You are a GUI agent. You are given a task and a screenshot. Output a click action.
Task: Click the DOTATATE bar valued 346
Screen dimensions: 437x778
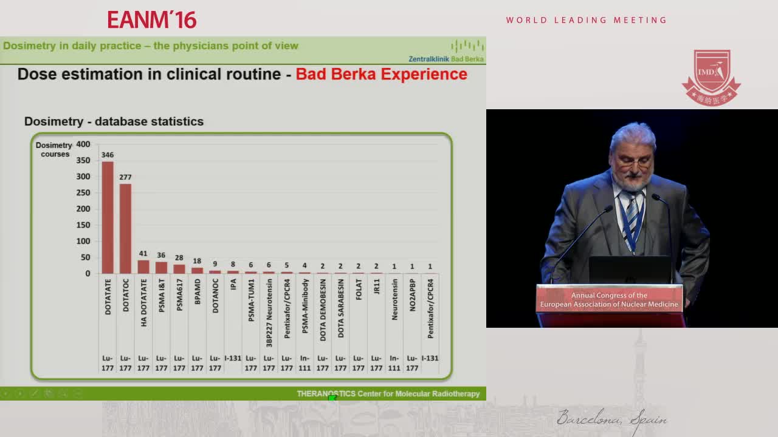pos(108,217)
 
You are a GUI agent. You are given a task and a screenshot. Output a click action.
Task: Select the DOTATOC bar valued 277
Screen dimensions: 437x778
pos(125,228)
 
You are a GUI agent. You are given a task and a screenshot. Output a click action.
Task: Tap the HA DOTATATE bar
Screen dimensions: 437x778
pos(143,266)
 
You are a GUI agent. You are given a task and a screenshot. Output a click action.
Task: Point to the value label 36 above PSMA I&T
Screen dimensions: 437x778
pos(161,256)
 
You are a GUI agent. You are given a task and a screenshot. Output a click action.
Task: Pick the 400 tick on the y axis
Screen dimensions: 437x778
pos(83,144)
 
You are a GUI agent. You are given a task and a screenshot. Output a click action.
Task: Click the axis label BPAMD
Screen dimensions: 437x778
pos(197,292)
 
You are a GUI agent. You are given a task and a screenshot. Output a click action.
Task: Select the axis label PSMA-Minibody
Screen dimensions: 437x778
pos(305,306)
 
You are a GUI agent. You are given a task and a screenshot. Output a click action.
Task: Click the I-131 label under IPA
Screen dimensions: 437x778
pos(233,358)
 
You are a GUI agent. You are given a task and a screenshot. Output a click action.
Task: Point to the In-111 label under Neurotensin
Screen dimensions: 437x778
pos(394,363)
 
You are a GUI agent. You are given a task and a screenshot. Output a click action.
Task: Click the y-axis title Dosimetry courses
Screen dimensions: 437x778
pos(54,149)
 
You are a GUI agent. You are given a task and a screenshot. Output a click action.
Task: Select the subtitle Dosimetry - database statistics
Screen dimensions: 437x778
pos(114,121)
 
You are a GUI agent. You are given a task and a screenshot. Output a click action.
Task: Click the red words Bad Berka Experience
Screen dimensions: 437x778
pos(381,75)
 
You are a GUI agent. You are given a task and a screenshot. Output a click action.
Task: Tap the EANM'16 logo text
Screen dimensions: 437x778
pos(152,20)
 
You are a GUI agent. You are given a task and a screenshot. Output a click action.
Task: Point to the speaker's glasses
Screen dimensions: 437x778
pos(633,162)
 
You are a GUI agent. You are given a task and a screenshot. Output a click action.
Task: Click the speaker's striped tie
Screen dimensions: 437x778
pos(632,215)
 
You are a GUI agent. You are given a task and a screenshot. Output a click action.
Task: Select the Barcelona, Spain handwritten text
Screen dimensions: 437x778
pos(611,419)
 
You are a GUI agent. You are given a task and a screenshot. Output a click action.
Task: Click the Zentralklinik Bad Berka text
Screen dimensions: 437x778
pos(446,59)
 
